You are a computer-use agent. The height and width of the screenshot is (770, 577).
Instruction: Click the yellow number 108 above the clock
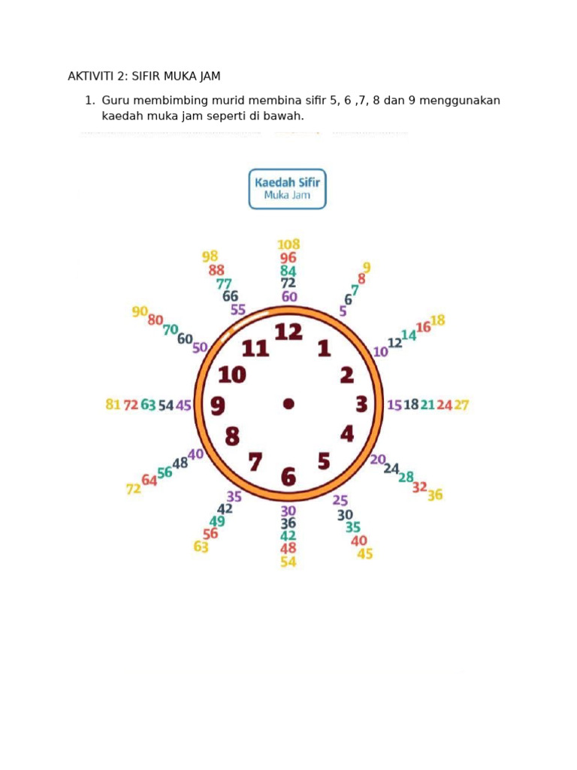pos(288,244)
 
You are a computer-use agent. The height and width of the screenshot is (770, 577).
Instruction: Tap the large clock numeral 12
pos(288,332)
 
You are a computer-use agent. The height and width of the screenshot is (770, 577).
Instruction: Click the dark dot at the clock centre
pos(288,404)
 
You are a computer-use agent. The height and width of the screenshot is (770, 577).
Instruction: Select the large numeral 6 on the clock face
pos(288,477)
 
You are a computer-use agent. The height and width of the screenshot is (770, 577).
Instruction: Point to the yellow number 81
pos(113,404)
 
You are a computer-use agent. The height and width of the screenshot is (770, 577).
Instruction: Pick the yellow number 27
pos(461,405)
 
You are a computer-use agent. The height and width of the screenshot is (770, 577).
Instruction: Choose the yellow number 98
pos(210,256)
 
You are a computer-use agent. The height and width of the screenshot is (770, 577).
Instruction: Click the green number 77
pos(224,283)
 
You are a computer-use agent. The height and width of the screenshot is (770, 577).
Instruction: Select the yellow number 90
pos(140,311)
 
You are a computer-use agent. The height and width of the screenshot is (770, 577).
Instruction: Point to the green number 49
pos(217,521)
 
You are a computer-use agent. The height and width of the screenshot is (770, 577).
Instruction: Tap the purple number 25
pos(340,500)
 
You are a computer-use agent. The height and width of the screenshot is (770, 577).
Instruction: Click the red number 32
pos(419,487)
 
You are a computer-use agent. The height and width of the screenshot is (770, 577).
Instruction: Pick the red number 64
pos(150,480)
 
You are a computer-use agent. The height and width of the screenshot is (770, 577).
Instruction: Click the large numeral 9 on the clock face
pos(218,405)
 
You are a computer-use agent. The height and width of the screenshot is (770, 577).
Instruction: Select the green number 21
pos(427,405)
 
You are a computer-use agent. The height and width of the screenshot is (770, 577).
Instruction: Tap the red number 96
pos(288,257)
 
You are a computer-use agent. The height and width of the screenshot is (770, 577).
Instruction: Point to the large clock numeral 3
pos(361,404)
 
